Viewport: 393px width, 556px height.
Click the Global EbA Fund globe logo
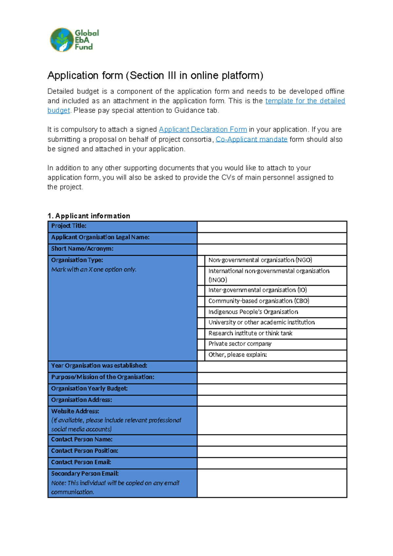62,40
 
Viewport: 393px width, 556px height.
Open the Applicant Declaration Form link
203,129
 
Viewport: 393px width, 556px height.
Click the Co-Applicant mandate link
251,139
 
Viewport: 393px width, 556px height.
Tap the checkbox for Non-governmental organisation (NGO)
201,261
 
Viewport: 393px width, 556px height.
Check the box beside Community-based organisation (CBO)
201,301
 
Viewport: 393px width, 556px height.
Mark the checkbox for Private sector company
201,344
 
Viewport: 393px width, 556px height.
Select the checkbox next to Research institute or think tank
201,333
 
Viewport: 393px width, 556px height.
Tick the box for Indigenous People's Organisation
201,312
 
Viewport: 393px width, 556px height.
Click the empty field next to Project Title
272,227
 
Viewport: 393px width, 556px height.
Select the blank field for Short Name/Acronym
272,249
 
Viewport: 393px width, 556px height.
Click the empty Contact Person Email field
272,463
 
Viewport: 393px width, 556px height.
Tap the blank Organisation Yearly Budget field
272,389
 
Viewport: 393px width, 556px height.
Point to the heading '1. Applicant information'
89,216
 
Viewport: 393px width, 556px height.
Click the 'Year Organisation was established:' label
99,366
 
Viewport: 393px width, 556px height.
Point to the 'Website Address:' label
75,411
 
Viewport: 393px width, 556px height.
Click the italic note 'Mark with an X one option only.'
94,269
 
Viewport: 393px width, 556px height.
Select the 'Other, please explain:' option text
237,355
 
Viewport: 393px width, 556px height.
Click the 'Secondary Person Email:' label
85,473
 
